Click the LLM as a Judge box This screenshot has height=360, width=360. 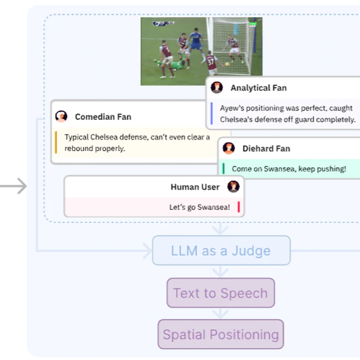click(221, 250)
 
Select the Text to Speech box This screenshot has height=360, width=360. click(220, 293)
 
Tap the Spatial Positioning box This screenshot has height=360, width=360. click(220, 334)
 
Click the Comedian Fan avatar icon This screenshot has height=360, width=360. click(62, 117)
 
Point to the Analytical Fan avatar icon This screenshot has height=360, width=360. click(217, 87)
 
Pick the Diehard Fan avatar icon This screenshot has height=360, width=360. click(229, 148)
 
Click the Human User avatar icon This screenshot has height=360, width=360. click(233, 186)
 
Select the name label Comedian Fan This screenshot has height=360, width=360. click(103, 117)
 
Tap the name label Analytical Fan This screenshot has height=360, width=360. click(258, 88)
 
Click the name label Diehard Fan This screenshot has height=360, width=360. click(267, 148)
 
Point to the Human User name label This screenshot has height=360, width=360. click(195, 187)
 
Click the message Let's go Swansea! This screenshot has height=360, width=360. click(200, 207)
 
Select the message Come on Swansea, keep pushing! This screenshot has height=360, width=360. click(289, 169)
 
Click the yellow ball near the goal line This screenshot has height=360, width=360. click(228, 64)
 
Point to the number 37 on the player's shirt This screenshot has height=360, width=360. click(211, 62)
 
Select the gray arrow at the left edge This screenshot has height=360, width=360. click(13, 186)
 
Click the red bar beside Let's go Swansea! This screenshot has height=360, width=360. click(239, 207)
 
